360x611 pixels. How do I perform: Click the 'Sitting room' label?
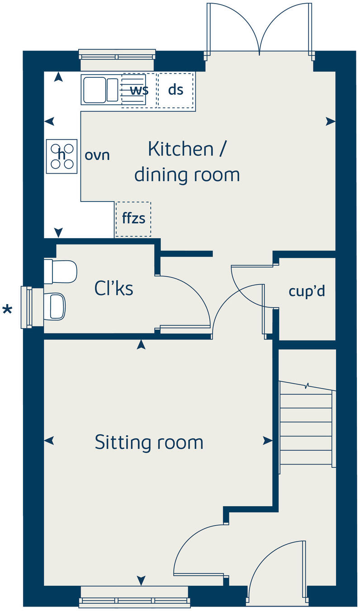pos(149,442)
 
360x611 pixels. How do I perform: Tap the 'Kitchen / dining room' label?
pos(187,161)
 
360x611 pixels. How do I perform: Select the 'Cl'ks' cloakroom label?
pos(114,288)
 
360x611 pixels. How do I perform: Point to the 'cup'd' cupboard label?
pos(307,291)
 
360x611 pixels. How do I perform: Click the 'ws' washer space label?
pos(139,89)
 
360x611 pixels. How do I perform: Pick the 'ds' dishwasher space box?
pos(175,89)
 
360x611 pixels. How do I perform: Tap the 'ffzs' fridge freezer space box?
pos(133,219)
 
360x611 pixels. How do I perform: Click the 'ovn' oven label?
pos(97,155)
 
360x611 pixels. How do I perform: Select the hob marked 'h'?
pos(62,155)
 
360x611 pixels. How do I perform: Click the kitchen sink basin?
pos(94,89)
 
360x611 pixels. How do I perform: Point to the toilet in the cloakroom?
pos(61,271)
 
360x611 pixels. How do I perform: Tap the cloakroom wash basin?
pos(56,306)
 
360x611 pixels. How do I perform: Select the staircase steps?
pos(306,429)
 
